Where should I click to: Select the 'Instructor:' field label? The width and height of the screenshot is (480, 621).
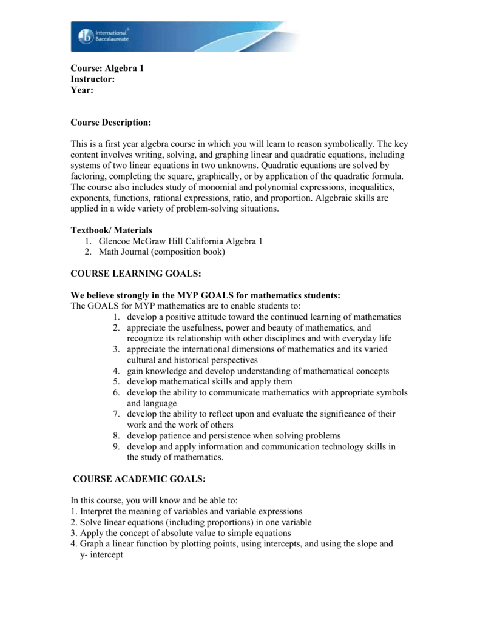[93, 79]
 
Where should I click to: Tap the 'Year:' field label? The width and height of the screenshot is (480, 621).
[83, 90]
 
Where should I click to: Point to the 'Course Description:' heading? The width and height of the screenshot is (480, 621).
[110, 123]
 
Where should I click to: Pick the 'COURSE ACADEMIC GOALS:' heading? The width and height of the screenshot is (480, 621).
[139, 479]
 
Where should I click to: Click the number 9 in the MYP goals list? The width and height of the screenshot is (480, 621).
[116, 447]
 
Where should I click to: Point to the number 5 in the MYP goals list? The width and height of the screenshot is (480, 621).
[116, 382]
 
